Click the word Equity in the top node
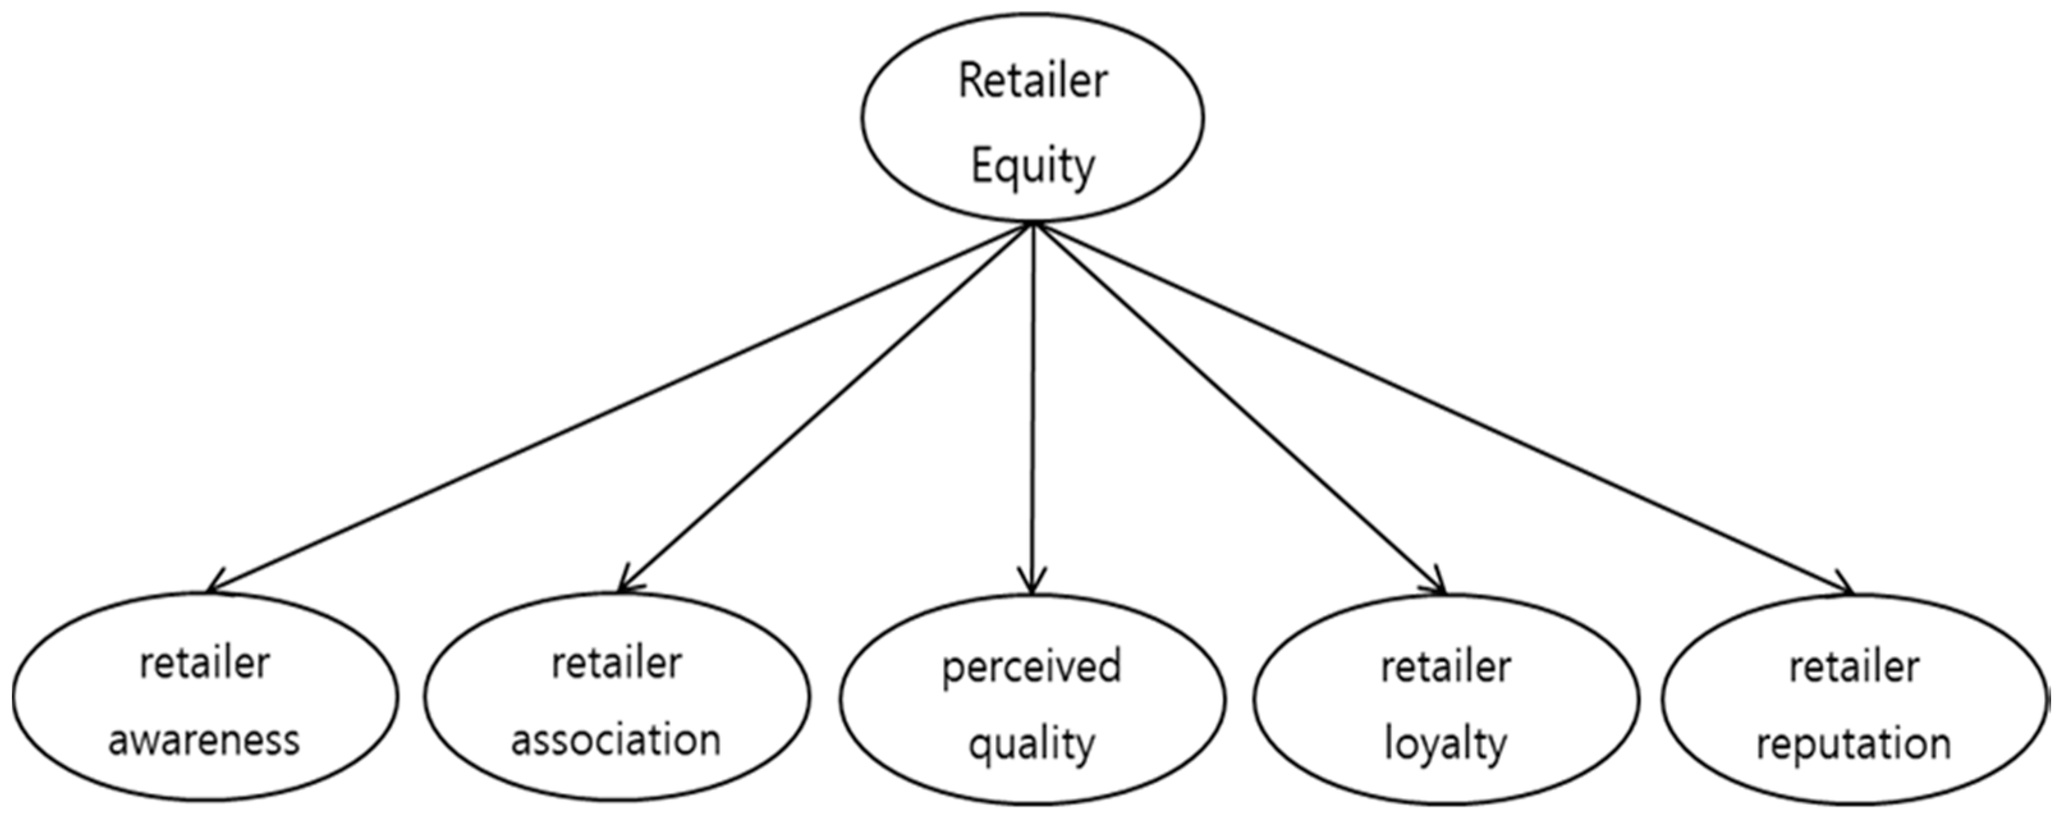(1033, 166)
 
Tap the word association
(616, 741)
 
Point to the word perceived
(1031, 666)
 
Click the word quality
(1031, 745)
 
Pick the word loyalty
(1446, 745)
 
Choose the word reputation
(1854, 745)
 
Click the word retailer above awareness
(204, 663)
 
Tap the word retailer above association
(616, 663)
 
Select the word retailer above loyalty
(1446, 666)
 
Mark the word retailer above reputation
(1854, 666)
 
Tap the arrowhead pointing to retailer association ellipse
(625, 586)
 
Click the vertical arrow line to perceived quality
(1033, 400)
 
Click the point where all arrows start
(1033, 223)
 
